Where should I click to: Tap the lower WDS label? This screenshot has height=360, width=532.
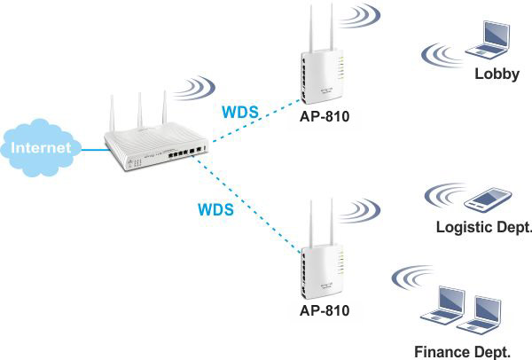coord(215,211)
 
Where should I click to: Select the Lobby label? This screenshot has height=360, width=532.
coord(497,74)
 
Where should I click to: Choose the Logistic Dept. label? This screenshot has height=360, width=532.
coord(482,228)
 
